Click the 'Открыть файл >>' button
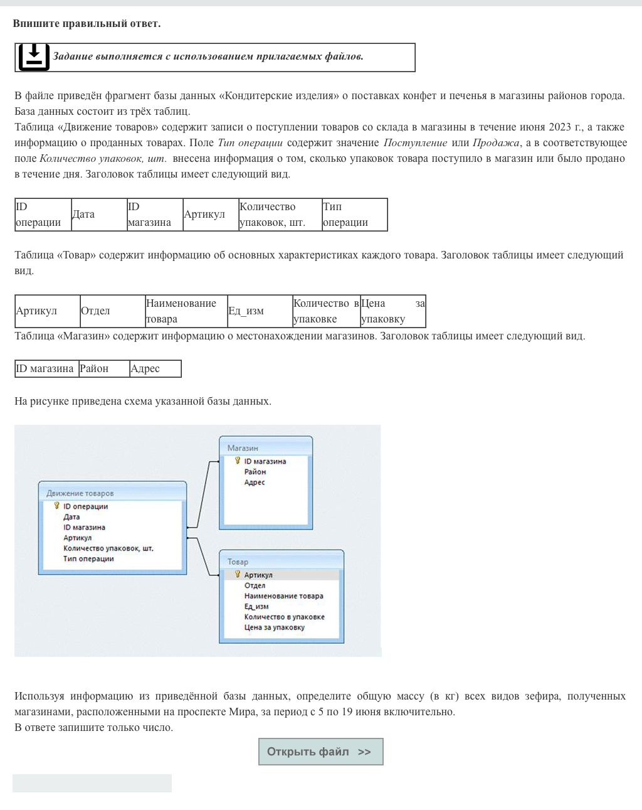[320, 752]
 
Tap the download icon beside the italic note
[34, 57]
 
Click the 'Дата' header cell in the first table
[98, 215]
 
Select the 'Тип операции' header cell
[354, 215]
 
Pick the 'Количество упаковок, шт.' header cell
[280, 215]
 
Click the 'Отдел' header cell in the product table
[112, 311]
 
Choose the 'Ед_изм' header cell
[260, 311]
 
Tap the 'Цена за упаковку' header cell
[392, 311]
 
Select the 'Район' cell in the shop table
[103, 369]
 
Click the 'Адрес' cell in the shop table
[154, 369]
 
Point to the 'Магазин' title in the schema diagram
[243, 448]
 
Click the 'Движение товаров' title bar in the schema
[80, 493]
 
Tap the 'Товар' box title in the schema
[238, 562]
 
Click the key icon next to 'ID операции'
[56, 506]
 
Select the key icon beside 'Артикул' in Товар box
[238, 574]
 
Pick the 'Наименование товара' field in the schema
[283, 596]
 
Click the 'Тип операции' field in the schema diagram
[88, 559]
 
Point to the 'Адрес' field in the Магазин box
[255, 482]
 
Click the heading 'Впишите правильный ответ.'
[87, 24]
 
